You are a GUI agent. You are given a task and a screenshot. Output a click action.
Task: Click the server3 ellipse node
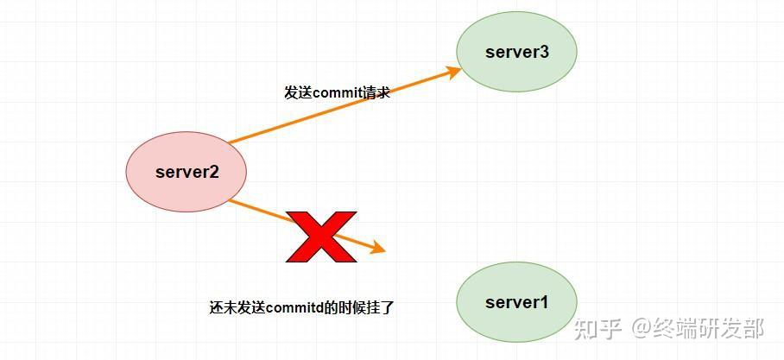[x=516, y=52]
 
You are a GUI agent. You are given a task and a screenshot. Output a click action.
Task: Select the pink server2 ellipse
[x=187, y=171]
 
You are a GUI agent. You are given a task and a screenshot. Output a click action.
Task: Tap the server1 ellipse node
[x=516, y=302]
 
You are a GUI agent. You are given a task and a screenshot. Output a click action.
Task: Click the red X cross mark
[x=321, y=236]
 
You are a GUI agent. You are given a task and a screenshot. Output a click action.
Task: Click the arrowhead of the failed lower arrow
[x=378, y=249]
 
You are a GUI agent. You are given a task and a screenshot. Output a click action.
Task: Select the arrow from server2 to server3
[x=345, y=106]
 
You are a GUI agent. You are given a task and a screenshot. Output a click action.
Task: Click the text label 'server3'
[x=516, y=52]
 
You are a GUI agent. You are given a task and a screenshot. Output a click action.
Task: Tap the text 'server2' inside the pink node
[x=187, y=171]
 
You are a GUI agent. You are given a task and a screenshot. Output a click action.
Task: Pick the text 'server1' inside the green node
[x=516, y=302]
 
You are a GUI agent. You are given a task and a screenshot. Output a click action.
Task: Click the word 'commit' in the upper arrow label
[x=338, y=92]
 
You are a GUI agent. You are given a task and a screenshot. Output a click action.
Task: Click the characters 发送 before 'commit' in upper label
[x=298, y=92]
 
